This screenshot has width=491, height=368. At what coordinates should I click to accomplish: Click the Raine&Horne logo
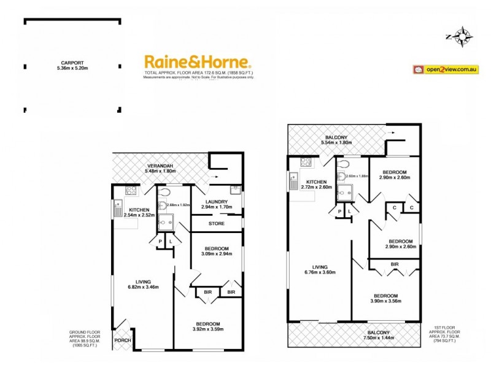tap(198, 62)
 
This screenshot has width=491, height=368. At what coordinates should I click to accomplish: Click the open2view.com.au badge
tap(445, 69)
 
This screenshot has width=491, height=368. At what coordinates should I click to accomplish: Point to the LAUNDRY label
tap(217, 205)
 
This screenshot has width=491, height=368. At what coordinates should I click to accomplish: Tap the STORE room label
tap(217, 224)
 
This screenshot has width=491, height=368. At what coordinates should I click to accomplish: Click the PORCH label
tap(122, 340)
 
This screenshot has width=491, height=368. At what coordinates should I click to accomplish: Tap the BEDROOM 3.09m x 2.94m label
tap(217, 251)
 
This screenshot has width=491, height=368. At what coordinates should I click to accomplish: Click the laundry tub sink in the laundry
tap(234, 190)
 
